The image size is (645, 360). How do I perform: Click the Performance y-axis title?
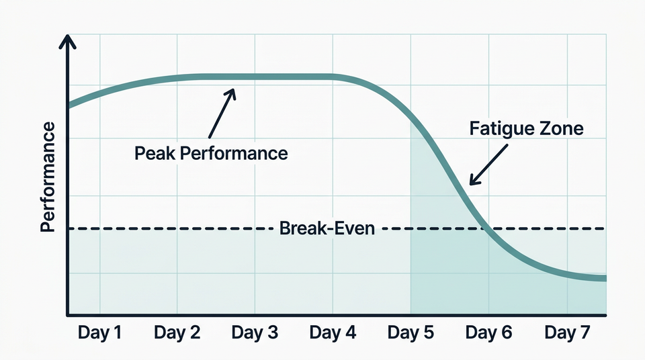(x=48, y=177)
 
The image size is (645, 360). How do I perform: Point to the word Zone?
(x=561, y=129)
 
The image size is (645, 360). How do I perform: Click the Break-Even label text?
(x=326, y=228)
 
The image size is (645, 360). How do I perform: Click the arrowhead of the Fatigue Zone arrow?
(x=471, y=182)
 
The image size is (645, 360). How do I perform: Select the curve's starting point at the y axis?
(x=69, y=105)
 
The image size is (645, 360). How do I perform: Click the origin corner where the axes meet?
(x=68, y=314)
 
